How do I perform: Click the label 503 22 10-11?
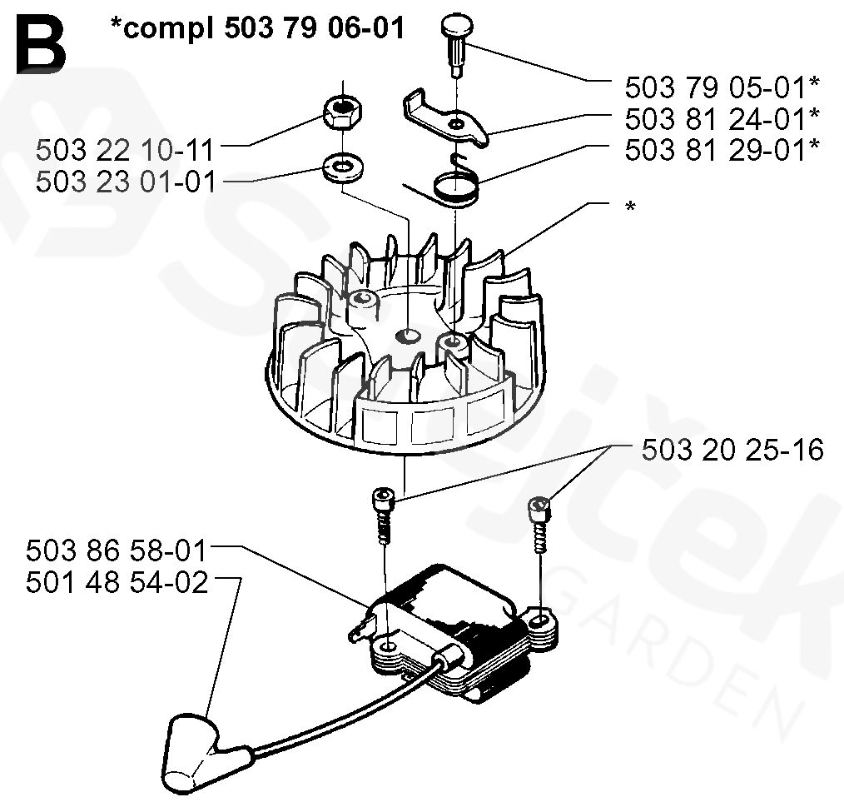[125, 151]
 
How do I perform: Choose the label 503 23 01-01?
[125, 181]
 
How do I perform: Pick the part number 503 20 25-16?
[732, 451]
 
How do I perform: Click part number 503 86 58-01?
[117, 551]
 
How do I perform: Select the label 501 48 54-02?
[117, 582]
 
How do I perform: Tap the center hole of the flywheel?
[409, 335]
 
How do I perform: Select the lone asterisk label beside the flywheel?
[629, 207]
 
